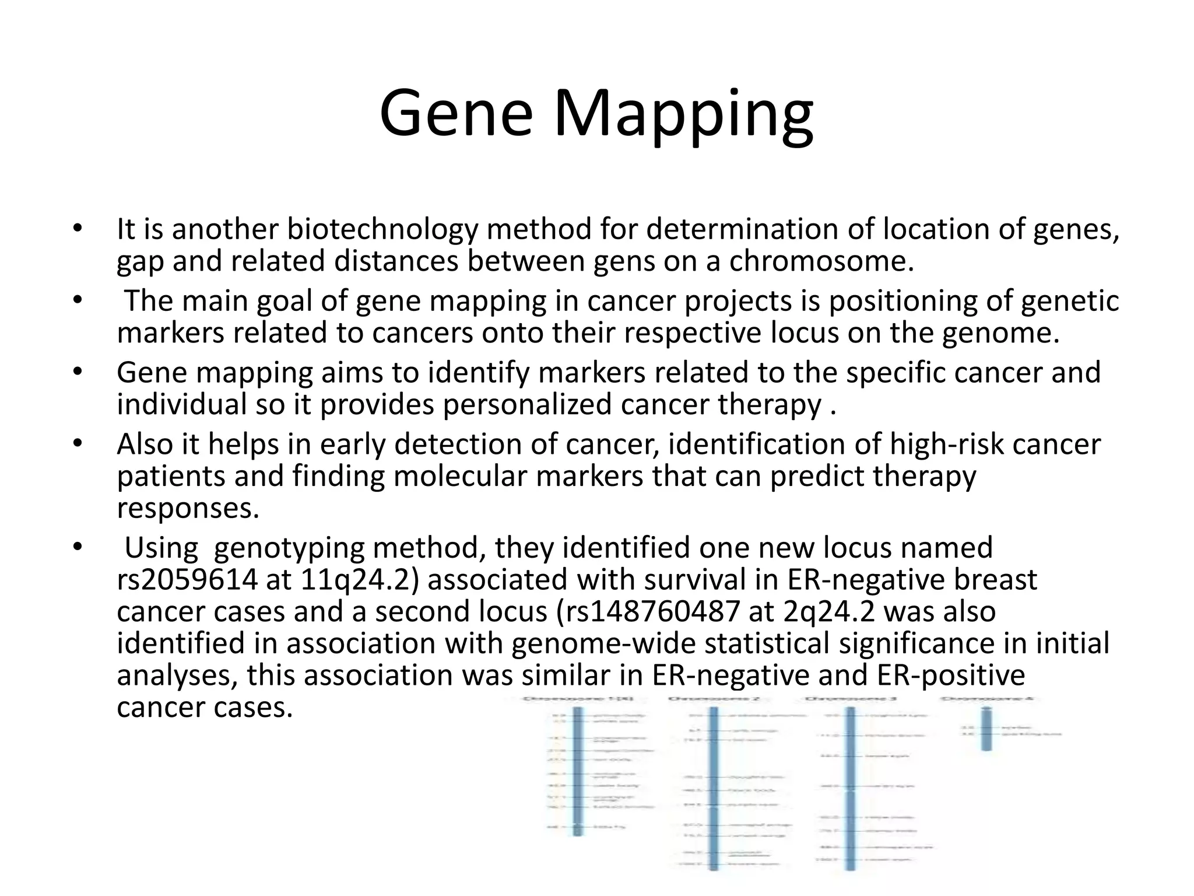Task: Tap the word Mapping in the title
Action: pos(683,117)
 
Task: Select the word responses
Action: pos(187,508)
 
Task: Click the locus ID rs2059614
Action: pos(187,580)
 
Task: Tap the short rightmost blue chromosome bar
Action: pos(986,729)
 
